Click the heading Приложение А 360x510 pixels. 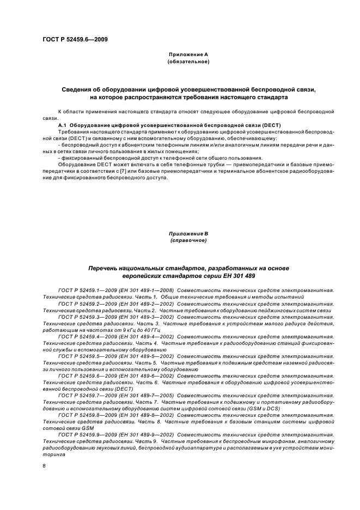[188, 55]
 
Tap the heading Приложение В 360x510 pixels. [188, 234]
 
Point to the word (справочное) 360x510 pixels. [188, 240]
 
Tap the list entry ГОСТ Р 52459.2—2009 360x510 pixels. [84, 303]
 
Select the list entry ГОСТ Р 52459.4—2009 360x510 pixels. [84, 336]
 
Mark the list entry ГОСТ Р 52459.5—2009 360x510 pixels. [84, 355]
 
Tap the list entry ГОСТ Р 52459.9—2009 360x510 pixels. [84, 434]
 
